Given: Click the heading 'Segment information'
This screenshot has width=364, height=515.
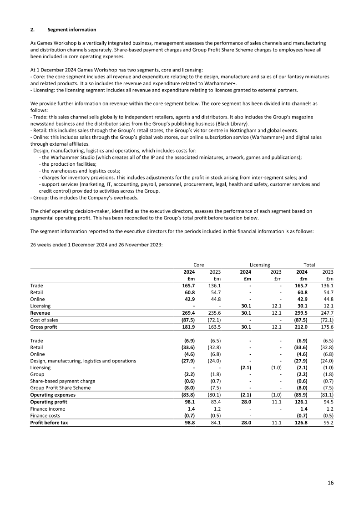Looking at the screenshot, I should click(x=72, y=30).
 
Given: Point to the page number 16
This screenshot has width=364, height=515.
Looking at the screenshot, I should click(x=330, y=482).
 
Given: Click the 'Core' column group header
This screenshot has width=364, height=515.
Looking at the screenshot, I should click(x=198, y=265).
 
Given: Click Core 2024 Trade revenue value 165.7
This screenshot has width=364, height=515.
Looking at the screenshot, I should click(x=188, y=286).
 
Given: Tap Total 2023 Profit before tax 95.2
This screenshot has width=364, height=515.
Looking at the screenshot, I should click(x=327, y=423).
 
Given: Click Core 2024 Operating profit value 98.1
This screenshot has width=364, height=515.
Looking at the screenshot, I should click(x=189, y=402).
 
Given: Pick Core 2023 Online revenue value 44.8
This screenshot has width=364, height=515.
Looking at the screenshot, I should click(x=215, y=299).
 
